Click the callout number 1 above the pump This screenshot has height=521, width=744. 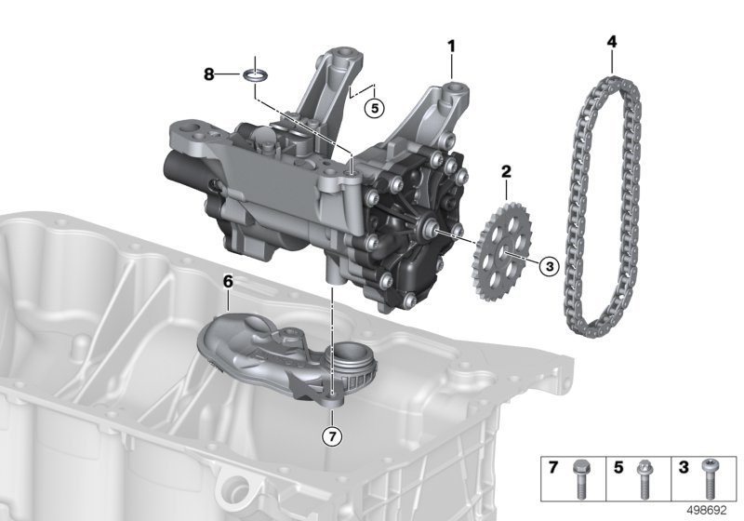(452, 45)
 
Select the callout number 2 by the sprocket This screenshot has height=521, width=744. (506, 170)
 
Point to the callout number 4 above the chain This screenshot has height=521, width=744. (611, 41)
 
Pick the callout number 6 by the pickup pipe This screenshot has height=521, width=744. (229, 278)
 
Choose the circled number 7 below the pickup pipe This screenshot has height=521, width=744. (332, 434)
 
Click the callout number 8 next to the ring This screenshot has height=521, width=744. (209, 73)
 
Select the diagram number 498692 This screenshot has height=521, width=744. (706, 511)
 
